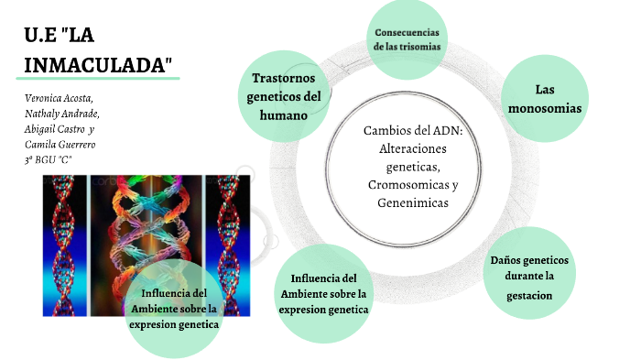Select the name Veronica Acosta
pyautogui.click(x=57, y=98)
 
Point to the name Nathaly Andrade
pyautogui.click(x=61, y=114)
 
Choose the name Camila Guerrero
pyautogui.click(x=60, y=145)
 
